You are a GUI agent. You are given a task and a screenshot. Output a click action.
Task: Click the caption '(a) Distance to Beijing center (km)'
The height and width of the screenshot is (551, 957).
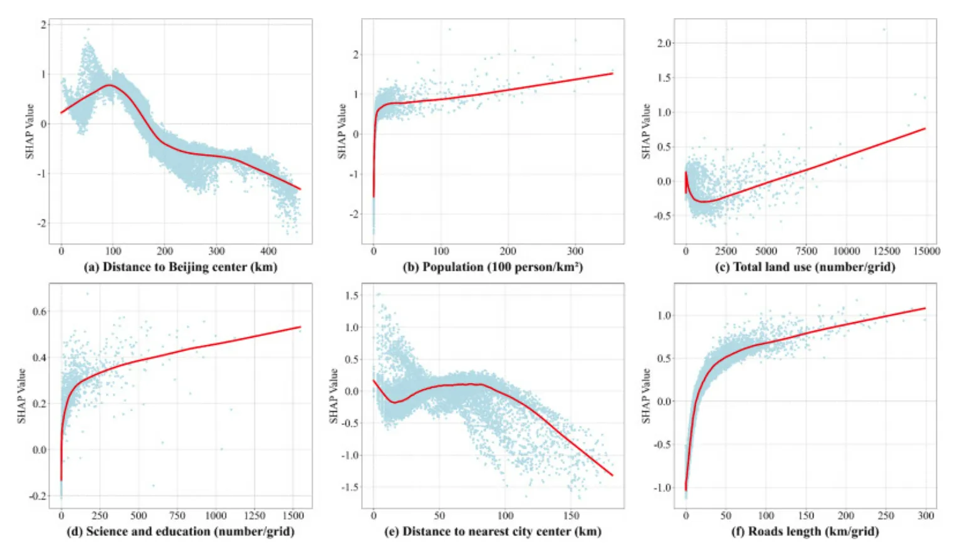[180, 267]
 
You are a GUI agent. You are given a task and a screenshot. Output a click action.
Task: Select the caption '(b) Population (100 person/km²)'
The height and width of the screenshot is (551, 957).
[493, 267]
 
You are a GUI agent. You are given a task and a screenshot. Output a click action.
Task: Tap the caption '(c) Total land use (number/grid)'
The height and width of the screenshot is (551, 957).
[805, 267]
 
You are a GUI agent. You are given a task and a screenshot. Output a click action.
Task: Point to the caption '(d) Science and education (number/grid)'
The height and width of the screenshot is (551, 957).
[180, 532]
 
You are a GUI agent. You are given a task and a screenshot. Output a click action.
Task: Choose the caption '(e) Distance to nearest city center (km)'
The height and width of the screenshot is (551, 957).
[493, 532]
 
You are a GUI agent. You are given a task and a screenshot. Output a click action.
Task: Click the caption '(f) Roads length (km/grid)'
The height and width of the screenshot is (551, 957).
[805, 532]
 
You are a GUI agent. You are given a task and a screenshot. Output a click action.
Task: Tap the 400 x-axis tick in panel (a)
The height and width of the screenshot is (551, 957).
[268, 251]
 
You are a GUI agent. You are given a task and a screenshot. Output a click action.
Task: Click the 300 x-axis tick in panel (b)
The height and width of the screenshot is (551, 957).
[575, 251]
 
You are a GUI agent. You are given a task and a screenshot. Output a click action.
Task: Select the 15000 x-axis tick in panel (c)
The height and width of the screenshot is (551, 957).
[926, 251]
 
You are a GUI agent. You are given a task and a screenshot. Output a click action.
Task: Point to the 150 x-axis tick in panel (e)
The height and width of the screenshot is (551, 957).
[572, 516]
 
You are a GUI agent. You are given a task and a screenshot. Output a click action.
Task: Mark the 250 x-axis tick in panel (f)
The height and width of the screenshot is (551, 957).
[886, 516]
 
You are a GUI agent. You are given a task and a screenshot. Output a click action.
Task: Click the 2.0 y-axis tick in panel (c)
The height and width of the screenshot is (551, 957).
[664, 43]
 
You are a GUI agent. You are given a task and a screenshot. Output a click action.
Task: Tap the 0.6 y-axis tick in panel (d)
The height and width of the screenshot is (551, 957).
[39, 312]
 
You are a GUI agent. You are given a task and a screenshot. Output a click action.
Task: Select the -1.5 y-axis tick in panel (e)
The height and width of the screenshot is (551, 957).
[351, 487]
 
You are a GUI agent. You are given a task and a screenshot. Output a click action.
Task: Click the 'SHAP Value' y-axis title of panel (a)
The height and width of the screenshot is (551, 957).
[29, 132]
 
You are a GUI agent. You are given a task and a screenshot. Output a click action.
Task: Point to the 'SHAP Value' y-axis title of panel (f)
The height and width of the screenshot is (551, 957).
[646, 396]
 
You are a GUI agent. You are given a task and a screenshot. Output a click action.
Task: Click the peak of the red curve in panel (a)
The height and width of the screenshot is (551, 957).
[110, 85]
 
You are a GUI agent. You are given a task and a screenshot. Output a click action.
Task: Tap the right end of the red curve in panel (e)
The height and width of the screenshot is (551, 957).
[612, 475]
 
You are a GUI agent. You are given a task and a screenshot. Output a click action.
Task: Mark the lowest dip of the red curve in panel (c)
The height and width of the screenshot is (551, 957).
[704, 202]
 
